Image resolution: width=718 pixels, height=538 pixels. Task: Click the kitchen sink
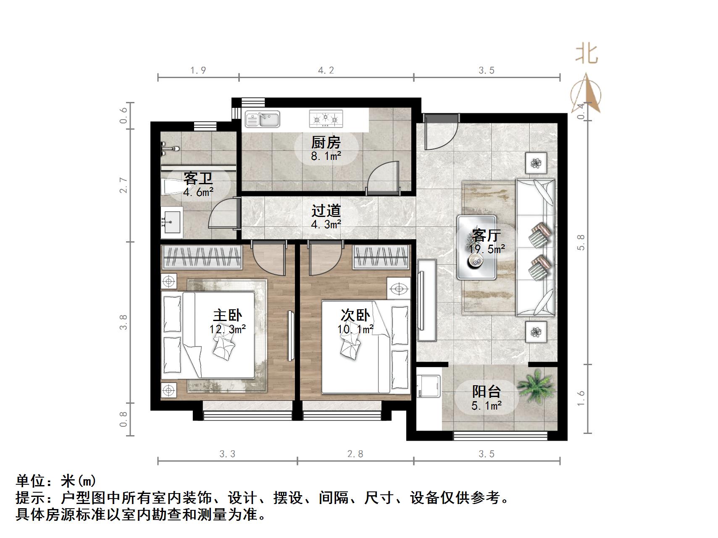[x=263, y=119]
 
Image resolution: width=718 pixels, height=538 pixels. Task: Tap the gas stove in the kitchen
[x=326, y=119]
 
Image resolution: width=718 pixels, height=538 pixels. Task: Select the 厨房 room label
[x=326, y=143]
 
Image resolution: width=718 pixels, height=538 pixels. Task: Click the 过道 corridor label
[x=326, y=211]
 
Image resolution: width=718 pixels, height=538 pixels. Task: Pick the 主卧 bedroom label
[x=227, y=315]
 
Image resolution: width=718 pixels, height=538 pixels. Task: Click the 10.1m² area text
[x=355, y=329]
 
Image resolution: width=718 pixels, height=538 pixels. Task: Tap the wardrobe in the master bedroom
[x=202, y=257]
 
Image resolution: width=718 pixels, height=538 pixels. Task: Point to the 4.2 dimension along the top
[x=326, y=71]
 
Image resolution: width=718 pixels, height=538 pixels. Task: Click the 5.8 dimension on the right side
[x=581, y=243]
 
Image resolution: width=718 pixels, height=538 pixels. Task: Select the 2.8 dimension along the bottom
[x=355, y=454]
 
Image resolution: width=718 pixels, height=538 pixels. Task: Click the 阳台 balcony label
[x=487, y=392]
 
